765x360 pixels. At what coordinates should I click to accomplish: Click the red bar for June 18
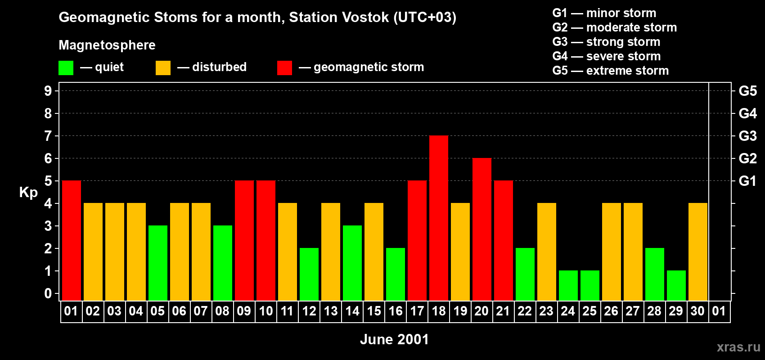click(x=438, y=218)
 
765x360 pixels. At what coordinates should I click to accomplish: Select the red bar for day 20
click(x=482, y=229)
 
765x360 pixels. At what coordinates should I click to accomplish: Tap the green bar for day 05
click(x=158, y=263)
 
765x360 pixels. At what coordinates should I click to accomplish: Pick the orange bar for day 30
click(x=697, y=252)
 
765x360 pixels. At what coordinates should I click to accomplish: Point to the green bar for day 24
click(x=568, y=286)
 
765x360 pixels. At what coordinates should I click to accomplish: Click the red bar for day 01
click(x=72, y=240)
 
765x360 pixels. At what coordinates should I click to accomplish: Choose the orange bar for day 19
click(x=460, y=252)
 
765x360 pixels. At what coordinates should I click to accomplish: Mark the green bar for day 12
click(x=309, y=274)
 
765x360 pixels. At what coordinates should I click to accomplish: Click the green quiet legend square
click(x=66, y=67)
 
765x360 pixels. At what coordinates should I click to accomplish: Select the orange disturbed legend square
click(x=163, y=67)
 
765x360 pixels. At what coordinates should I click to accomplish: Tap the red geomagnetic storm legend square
click(x=284, y=67)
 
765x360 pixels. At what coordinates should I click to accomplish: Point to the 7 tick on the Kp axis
click(x=48, y=136)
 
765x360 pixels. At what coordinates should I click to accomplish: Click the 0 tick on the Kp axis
click(x=48, y=294)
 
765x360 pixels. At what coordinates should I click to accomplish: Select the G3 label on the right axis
click(x=747, y=136)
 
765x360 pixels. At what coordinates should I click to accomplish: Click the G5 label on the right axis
click(x=747, y=91)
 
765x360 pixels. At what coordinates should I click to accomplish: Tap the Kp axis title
click(x=28, y=193)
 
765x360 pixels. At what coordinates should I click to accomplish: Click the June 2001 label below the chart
click(x=395, y=339)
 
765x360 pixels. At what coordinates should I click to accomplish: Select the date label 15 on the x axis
click(x=374, y=311)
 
